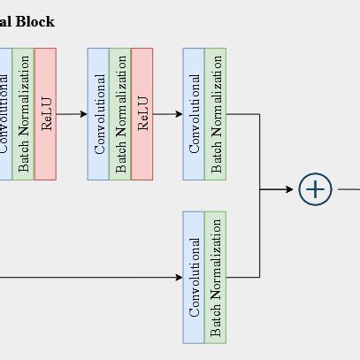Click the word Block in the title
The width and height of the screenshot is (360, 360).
click(34, 21)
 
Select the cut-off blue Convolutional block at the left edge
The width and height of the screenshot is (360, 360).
click(4, 113)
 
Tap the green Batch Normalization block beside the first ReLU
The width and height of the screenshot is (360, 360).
click(24, 113)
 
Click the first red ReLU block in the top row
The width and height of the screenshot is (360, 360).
click(46, 113)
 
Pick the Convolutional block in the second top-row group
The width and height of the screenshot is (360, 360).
click(98, 113)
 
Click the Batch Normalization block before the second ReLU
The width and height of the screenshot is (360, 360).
click(120, 113)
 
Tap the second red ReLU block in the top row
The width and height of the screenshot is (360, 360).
click(142, 113)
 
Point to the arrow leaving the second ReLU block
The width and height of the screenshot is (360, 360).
click(168, 114)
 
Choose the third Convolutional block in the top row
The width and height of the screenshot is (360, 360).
click(194, 113)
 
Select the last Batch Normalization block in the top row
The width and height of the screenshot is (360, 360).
click(216, 113)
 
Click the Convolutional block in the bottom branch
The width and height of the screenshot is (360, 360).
click(194, 277)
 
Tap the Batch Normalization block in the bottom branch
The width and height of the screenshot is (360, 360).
click(216, 277)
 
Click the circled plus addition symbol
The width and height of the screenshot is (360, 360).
click(315, 189)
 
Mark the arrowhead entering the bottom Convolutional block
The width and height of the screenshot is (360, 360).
click(178, 277)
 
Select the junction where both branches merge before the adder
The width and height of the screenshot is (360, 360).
click(260, 189)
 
